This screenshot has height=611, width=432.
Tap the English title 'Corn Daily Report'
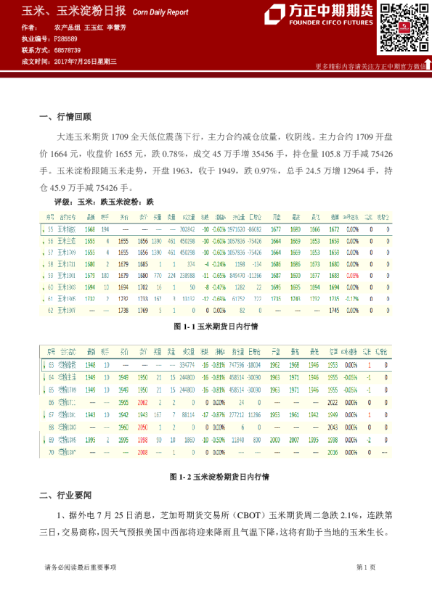160,12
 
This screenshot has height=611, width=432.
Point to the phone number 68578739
68,50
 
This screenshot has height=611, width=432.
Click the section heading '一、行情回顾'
65,116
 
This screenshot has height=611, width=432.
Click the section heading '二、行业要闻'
65,496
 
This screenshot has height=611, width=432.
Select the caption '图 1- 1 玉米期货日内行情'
216,327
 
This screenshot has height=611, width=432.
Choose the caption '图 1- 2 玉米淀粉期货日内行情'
216,477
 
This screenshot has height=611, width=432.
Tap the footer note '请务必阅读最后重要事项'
81,567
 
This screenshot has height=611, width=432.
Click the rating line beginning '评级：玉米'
105,202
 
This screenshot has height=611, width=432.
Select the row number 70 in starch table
50,451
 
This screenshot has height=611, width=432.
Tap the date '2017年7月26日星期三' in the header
86,62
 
